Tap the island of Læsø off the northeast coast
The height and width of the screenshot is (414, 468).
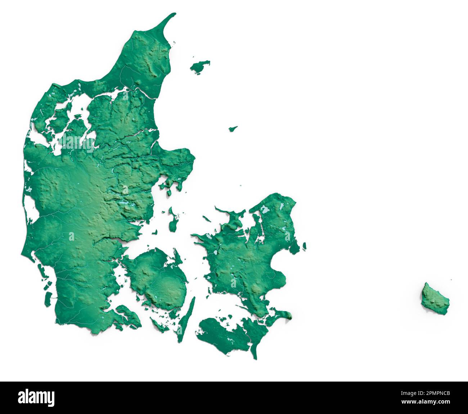[200, 67]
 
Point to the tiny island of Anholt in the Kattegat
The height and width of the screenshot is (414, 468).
[233, 128]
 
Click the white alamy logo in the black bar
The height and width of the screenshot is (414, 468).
[37, 397]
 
